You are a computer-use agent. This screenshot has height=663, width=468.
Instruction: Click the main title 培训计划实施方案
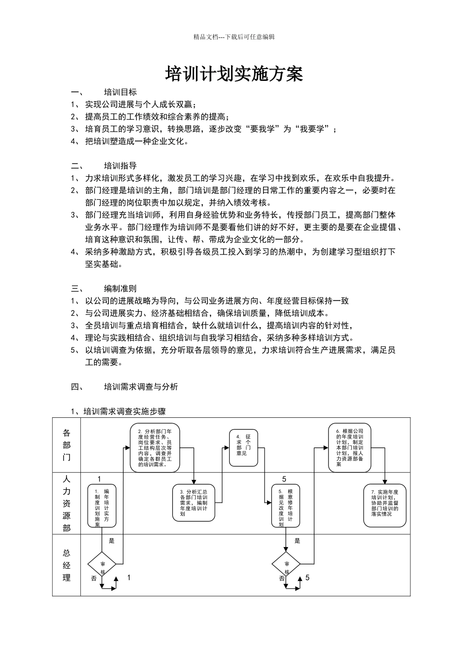tap(234, 74)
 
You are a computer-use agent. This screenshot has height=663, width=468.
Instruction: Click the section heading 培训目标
tap(120, 92)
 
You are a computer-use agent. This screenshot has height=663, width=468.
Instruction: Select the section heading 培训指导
tap(120, 166)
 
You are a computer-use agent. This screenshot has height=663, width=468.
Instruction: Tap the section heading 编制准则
tap(120, 289)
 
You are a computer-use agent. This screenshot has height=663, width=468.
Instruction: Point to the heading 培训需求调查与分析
tap(141, 387)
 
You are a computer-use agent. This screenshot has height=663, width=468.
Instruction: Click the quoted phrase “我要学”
tap(312, 129)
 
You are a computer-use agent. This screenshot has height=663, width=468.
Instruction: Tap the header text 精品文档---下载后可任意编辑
tap(234, 37)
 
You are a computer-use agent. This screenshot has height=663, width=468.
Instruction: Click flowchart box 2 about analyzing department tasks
tap(155, 447)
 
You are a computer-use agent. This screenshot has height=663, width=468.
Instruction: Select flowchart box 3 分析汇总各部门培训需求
tap(194, 503)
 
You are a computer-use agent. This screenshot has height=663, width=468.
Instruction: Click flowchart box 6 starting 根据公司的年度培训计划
tap(350, 447)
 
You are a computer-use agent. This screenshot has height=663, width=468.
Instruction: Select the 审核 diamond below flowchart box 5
tap(286, 563)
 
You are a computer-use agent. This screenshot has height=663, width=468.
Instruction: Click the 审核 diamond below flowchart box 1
tap(102, 563)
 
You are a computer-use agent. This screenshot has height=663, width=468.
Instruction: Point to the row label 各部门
tap(67, 445)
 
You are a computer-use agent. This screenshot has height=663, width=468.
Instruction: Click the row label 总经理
tap(67, 565)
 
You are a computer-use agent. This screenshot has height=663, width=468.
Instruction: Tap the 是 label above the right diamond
tap(298, 541)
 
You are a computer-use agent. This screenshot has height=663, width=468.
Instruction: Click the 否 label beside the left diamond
tap(94, 578)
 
